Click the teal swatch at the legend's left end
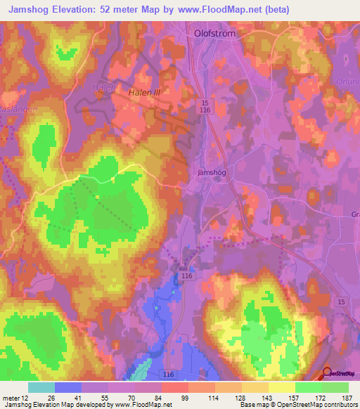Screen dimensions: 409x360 [x=41, y=387]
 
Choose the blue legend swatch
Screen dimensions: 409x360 [x=67, y=387]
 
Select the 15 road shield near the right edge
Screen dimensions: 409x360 [x=342, y=301]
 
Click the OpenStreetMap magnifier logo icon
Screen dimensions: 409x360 [x=328, y=373]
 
